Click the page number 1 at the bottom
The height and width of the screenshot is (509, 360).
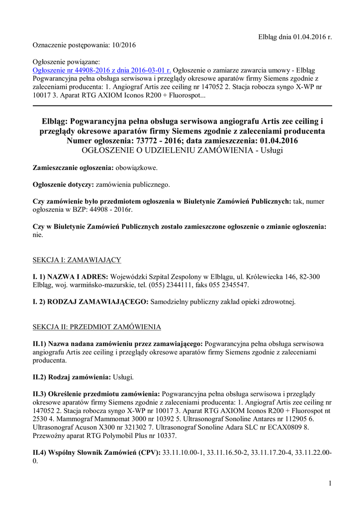pos(330,484)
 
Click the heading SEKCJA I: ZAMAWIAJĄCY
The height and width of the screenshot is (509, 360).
pos(77,260)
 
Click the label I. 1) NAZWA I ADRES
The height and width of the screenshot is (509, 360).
pos(70,276)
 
